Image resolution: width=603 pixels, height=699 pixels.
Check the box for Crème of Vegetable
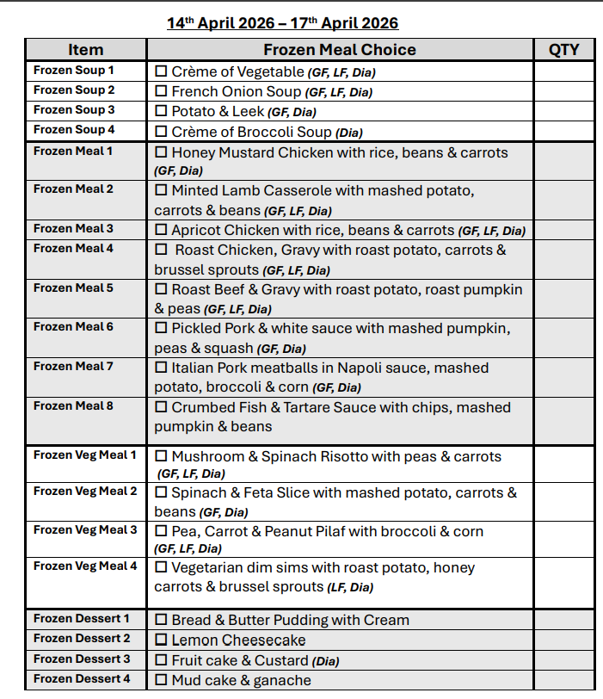pos(161,71)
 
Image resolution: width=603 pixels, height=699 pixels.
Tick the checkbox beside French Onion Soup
pos(161,91)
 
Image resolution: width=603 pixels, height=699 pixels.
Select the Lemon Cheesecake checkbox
pos(161,640)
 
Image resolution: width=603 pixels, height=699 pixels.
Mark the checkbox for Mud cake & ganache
pos(161,680)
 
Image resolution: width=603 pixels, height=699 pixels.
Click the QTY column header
pos(563,50)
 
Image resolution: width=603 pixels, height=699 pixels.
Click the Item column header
pos(85,50)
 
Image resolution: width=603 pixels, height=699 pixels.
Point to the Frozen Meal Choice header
pos(339,50)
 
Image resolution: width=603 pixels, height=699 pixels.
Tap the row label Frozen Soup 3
pos(74,110)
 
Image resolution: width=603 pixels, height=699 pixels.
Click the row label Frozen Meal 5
pos(73,288)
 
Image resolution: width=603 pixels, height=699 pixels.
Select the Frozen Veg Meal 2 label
pos(85,492)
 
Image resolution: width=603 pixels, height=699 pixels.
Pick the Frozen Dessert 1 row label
pos(82,619)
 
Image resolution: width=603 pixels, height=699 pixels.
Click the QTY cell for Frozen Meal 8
pos(563,418)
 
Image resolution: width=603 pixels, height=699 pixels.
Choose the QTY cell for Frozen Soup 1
pos(563,71)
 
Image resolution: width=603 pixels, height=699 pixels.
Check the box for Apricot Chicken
pos(161,230)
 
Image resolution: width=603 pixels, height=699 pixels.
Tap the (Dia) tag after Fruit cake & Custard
pos(326,662)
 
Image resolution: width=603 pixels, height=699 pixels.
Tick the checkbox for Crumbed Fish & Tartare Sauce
pos(161,407)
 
